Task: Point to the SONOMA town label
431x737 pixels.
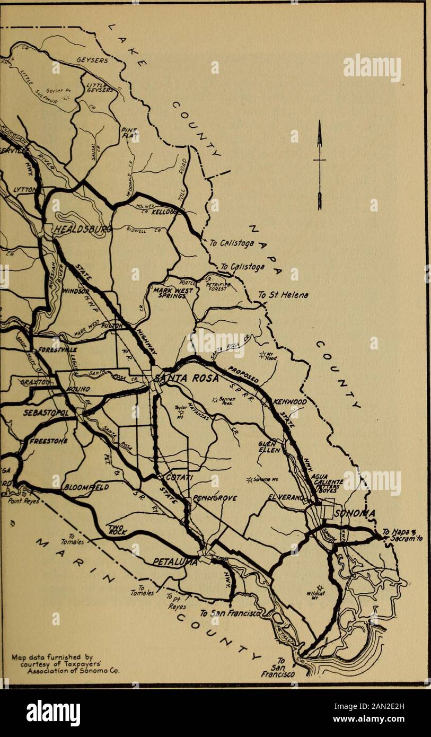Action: pyautogui.click(x=354, y=513)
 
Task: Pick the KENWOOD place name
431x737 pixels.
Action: pyautogui.click(x=290, y=402)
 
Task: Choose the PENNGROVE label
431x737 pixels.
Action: pyautogui.click(x=214, y=498)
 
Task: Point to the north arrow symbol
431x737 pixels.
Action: pyautogui.click(x=319, y=164)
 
